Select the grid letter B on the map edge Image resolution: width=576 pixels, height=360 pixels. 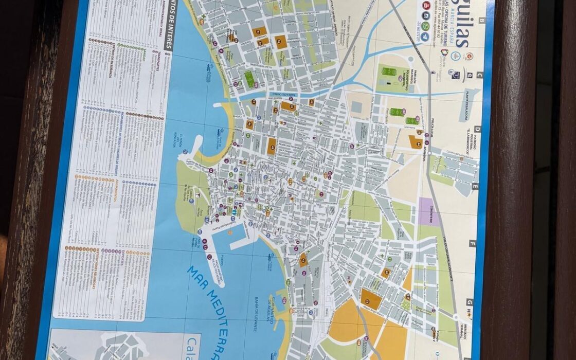(482, 21)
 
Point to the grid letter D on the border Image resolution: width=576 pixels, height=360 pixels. (477, 129)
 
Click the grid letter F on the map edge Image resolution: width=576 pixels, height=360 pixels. (472, 243)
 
